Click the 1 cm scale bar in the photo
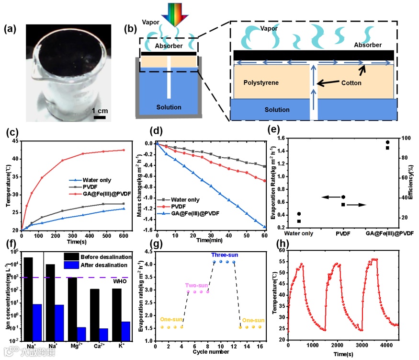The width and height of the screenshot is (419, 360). pyautogui.click(x=99, y=116)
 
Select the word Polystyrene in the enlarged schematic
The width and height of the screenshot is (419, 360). pyautogui.click(x=258, y=83)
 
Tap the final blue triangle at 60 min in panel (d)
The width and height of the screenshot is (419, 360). pyautogui.click(x=264, y=227)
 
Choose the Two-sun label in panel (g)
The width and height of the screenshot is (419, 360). pyautogui.click(x=196, y=284)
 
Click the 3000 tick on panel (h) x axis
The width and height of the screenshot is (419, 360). pyautogui.click(x=362, y=346)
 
